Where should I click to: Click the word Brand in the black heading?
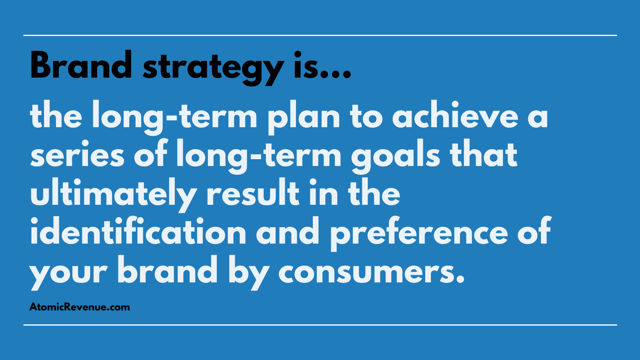click(81, 64)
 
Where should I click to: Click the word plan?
click(304, 118)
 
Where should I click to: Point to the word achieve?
click(455, 114)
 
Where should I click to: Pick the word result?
click(253, 192)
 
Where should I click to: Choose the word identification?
click(138, 230)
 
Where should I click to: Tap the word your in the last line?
click(68, 273)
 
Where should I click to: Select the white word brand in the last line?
click(168, 269)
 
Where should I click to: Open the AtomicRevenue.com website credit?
click(80, 307)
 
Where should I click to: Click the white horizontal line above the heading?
click(320, 36)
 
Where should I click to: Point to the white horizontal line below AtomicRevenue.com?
click(320, 325)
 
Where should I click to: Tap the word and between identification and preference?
click(288, 230)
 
